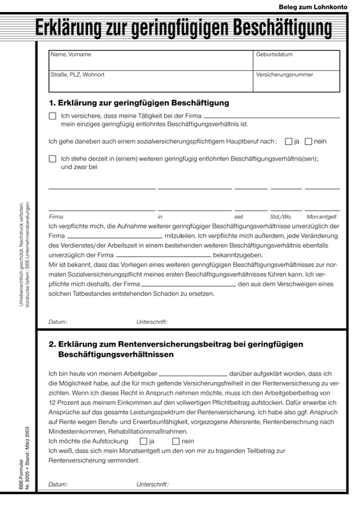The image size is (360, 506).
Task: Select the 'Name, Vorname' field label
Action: [x=71, y=54]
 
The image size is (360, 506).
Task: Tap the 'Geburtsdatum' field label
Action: [x=274, y=54]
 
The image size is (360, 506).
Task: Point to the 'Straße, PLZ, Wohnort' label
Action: [x=77, y=75]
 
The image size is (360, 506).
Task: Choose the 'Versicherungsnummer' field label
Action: [x=284, y=75]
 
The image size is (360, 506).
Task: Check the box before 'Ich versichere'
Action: [x=53, y=116]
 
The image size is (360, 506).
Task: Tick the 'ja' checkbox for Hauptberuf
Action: [x=289, y=142]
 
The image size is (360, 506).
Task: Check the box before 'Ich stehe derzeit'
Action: [x=53, y=159]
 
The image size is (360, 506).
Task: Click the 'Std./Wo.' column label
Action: [x=281, y=216]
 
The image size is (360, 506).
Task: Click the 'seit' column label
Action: [x=239, y=216]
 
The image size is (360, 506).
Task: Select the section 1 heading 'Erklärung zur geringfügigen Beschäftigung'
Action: [x=139, y=102]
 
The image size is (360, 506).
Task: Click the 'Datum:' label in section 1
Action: [x=58, y=322]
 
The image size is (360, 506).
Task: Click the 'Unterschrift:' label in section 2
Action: [x=152, y=484]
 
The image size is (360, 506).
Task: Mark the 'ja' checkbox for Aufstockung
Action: [x=143, y=441]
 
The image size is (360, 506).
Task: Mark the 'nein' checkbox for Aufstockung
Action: [x=175, y=441]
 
